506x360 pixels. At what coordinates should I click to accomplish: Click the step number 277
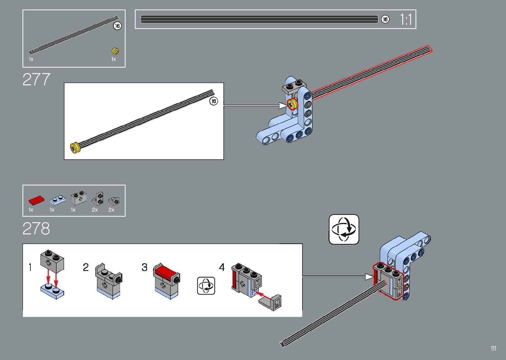point(36,79)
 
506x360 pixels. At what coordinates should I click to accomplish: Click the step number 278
point(36,229)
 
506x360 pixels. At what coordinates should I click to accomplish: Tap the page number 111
point(493,348)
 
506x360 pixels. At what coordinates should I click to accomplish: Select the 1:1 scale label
point(406,20)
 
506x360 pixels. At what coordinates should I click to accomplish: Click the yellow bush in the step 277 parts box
point(115,51)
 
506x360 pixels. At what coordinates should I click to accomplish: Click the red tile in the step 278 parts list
point(36,200)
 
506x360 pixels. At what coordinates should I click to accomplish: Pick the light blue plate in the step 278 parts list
point(57,200)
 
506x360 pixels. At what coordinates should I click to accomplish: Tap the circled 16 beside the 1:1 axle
point(385,20)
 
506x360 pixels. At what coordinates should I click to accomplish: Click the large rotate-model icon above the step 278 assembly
point(344,229)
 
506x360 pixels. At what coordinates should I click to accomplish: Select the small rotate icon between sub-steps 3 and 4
point(206,286)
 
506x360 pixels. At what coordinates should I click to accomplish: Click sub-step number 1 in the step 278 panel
point(30,267)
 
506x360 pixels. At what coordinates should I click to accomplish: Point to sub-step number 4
point(222,267)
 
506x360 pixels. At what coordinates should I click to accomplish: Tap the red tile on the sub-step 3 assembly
point(165,272)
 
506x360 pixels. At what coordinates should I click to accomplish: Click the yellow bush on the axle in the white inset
point(76,147)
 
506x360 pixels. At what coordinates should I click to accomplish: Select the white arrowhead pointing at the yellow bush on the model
point(283,106)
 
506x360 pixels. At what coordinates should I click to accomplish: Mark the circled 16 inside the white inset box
point(214,101)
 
